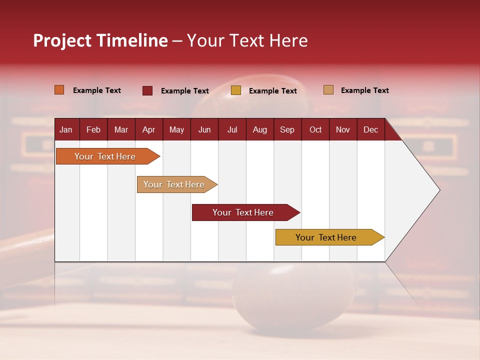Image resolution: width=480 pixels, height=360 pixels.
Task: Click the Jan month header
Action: (66, 129)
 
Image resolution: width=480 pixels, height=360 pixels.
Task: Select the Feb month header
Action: (93, 129)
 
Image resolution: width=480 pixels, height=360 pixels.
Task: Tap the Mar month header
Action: (121, 129)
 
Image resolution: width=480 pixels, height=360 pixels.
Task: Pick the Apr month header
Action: (148, 129)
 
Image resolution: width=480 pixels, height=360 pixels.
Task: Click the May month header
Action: (176, 129)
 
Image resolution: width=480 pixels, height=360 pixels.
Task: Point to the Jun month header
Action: (204, 129)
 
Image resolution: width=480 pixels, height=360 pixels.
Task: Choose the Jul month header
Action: (232, 129)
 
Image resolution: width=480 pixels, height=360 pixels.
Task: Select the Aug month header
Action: (259, 129)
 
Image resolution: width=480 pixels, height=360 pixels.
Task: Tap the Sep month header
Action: (287, 129)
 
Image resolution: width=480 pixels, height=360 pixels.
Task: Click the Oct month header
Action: (315, 129)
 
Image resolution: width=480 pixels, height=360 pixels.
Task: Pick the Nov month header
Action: (343, 129)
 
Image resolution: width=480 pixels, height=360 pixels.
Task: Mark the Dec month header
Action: (370, 129)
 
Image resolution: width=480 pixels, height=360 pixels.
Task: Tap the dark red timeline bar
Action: (243, 212)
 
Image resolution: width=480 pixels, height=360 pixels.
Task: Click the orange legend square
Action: (59, 90)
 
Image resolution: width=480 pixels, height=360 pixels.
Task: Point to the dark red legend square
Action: (147, 90)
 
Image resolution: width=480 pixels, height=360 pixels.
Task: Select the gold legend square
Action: (236, 90)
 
